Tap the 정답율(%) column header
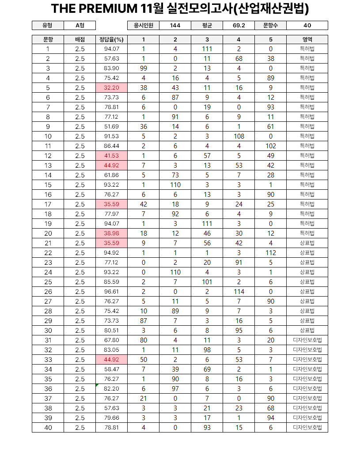[111, 39]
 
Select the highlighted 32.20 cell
[111, 88]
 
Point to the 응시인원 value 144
[175, 26]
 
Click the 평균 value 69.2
[239, 26]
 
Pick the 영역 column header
[307, 39]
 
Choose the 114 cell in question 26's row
[239, 292]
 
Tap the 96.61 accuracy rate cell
[111, 292]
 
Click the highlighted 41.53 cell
[111, 156]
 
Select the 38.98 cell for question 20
[111, 233]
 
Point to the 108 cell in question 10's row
[239, 136]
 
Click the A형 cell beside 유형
[80, 26]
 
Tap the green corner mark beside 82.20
[97, 385]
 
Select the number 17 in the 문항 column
[48, 204]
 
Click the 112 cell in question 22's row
[270, 253]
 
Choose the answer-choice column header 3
[207, 39]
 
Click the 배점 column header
[80, 39]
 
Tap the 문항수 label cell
[270, 26]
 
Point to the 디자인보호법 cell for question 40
[307, 428]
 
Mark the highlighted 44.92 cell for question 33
[111, 360]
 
